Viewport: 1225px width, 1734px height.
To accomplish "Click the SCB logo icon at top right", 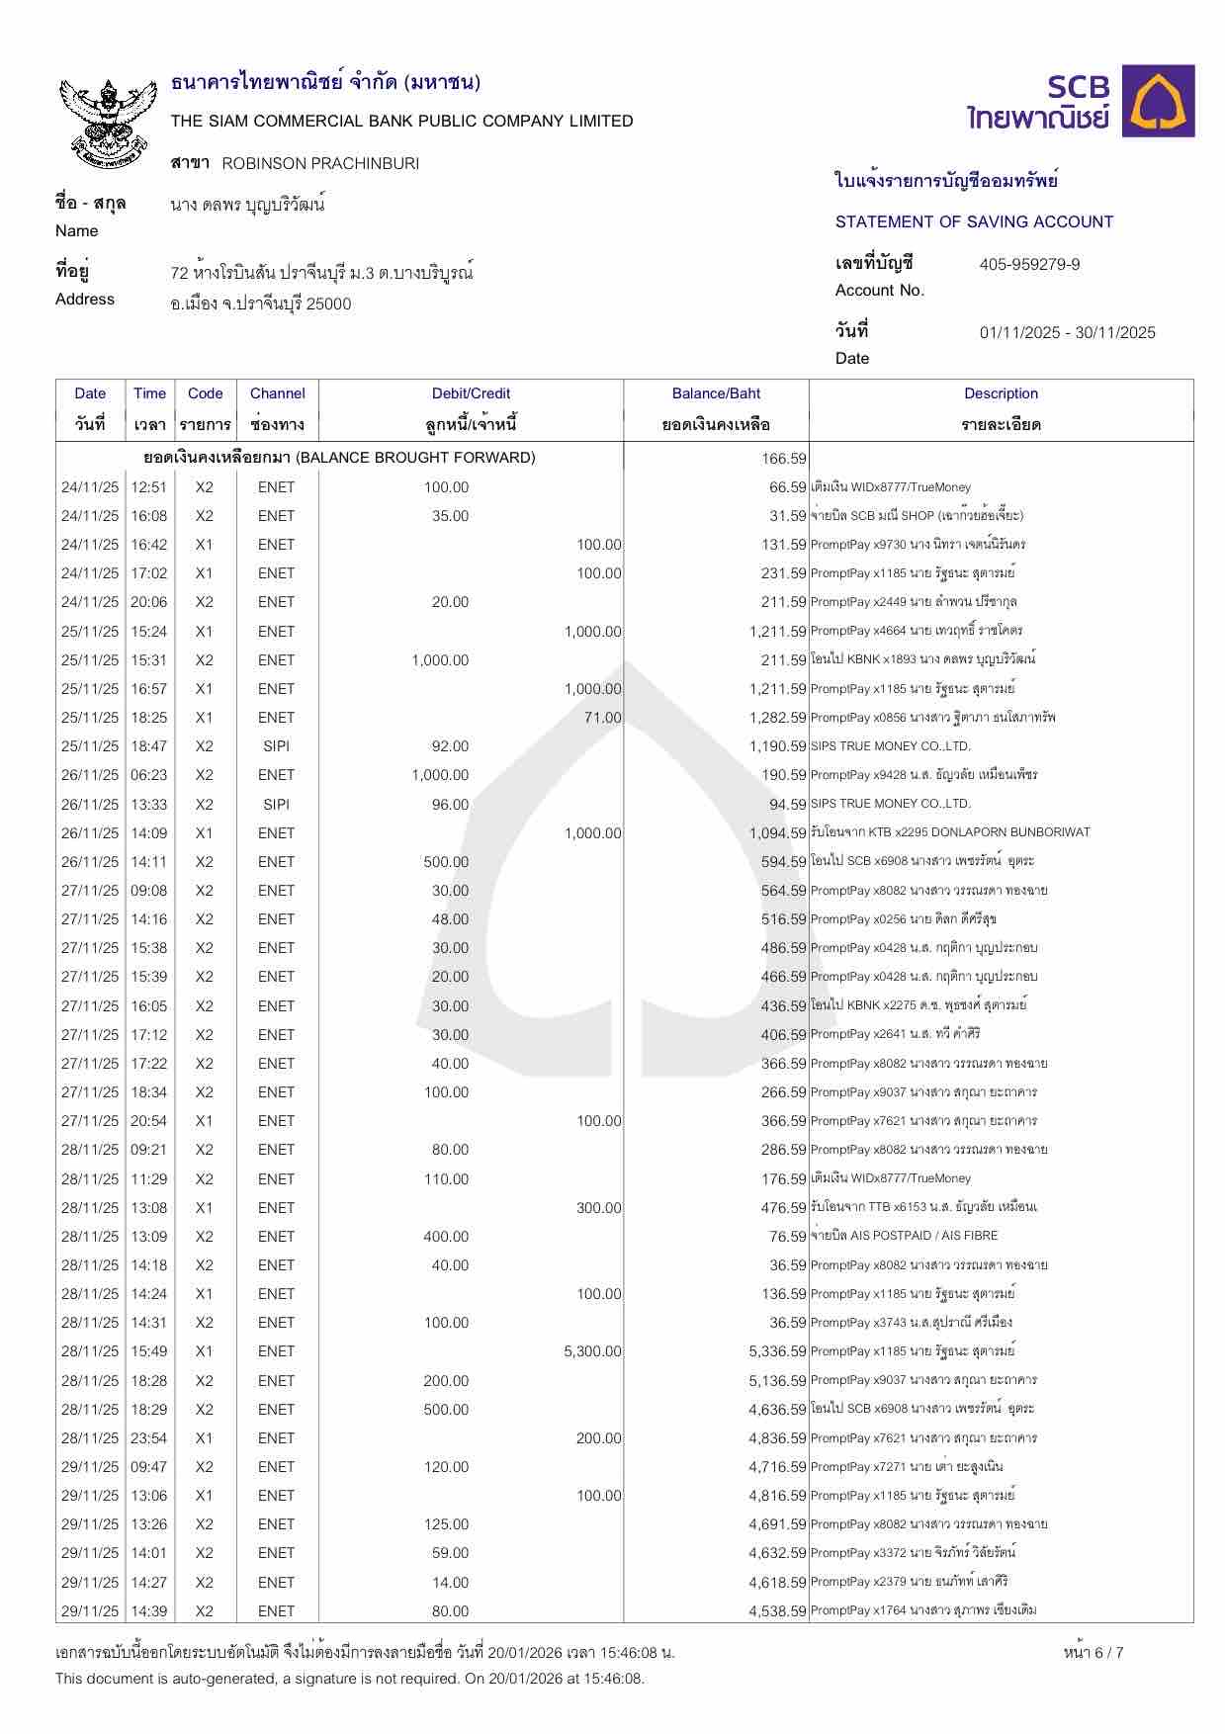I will [x=1162, y=101].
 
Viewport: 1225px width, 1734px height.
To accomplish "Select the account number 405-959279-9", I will [x=1029, y=265].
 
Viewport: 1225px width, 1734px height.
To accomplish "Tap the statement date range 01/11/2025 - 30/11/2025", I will [x=1067, y=333].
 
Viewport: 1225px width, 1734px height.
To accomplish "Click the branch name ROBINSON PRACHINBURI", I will [x=320, y=163].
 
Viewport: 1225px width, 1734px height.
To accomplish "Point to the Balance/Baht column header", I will [x=716, y=393].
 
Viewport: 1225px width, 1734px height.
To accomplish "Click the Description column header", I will [x=1001, y=393].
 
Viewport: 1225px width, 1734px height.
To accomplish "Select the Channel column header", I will [x=277, y=393].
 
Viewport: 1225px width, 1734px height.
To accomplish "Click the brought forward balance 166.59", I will [x=784, y=459].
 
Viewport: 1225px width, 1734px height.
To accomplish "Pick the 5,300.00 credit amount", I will [x=592, y=1351].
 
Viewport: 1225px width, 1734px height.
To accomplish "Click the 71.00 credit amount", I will [x=602, y=718].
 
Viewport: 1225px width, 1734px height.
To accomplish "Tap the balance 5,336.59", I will [x=777, y=1351].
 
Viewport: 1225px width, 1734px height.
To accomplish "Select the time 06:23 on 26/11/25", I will [x=149, y=775].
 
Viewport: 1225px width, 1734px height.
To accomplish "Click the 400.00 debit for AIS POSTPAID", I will [x=446, y=1237].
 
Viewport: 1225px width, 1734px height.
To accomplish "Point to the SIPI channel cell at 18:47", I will [x=277, y=746].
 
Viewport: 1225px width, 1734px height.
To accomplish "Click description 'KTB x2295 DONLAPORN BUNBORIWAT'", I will [x=950, y=832].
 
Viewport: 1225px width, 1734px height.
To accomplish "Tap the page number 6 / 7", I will [x=1093, y=1652].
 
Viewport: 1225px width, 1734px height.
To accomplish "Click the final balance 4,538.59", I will [x=777, y=1611].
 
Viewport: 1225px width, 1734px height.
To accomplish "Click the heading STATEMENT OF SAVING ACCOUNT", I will [x=974, y=222].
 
